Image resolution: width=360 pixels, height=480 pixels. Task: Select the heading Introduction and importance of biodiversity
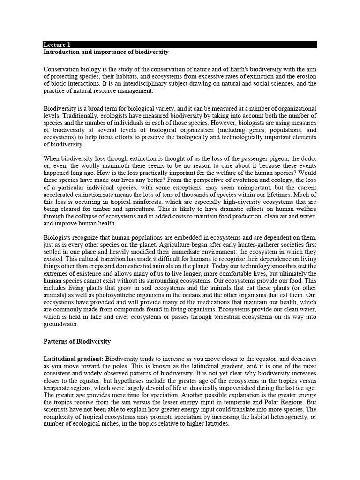[106, 52]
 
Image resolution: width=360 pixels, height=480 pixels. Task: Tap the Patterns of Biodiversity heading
[77, 341]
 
